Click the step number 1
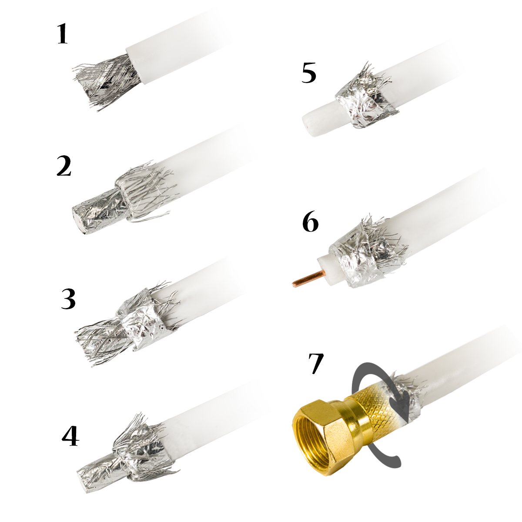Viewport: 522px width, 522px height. point(63,33)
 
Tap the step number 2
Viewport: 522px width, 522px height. point(64,166)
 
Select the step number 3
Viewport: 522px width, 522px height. point(68,298)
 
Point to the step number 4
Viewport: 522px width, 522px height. point(70,436)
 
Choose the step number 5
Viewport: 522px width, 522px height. point(309,73)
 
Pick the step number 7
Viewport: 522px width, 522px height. point(316,364)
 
